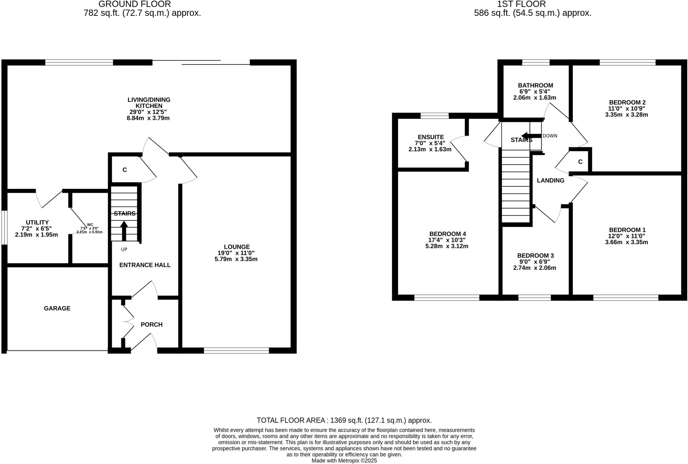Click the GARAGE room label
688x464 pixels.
[x=57, y=308]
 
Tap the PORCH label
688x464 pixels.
[x=152, y=324]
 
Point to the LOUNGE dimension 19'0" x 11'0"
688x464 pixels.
[x=236, y=253]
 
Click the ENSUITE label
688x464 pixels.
[x=431, y=137]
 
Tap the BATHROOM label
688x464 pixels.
[x=535, y=85]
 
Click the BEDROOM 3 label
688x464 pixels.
[x=535, y=256]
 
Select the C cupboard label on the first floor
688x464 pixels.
[x=580, y=162]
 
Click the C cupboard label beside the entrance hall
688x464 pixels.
[x=125, y=170]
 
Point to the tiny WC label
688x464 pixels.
[x=90, y=224]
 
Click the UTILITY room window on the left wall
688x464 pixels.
[x=4, y=227]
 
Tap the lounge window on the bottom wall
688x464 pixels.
[x=236, y=351]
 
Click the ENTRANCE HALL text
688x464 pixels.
[x=145, y=265]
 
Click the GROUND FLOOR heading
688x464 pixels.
[x=134, y=4]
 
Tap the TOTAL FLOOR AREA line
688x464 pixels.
[x=344, y=420]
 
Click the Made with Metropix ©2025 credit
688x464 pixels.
[x=344, y=461]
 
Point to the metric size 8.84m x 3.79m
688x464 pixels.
[x=148, y=118]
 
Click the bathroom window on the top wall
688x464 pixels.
[x=535, y=62]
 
